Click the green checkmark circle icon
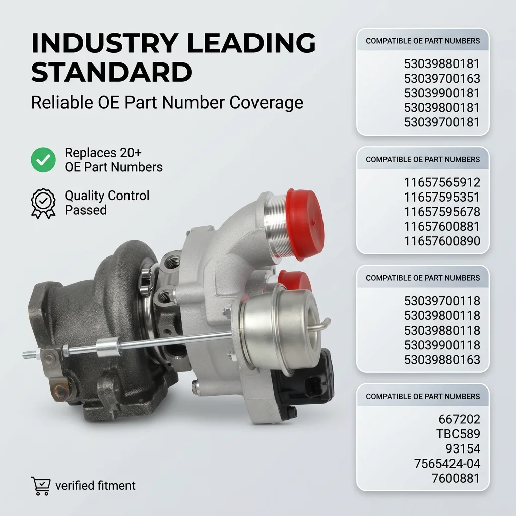point(43,160)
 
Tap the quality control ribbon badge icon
point(43,204)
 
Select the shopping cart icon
point(41,486)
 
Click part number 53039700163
point(442,78)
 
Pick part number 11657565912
point(442,182)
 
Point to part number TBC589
point(458,434)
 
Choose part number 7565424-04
point(447,464)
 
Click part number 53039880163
point(442,360)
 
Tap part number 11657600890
point(442,241)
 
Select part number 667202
point(460,419)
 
